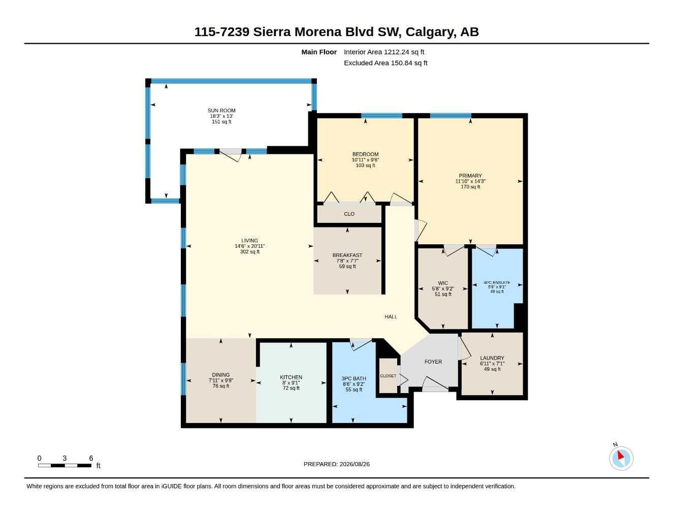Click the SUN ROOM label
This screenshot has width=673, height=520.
(221, 111)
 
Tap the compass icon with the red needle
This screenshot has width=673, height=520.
(621, 458)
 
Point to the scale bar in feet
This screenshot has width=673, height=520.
(65, 466)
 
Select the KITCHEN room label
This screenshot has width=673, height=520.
(291, 377)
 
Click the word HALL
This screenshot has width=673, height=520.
(391, 317)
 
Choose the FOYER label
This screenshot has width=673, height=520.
(433, 362)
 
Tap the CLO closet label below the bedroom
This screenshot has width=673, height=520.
(349, 214)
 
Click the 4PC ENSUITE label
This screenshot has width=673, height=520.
(497, 282)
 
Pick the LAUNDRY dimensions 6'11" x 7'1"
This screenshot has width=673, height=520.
(492, 364)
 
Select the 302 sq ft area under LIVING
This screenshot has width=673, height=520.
(249, 252)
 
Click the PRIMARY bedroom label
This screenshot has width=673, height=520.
(470, 176)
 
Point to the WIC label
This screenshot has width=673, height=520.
(443, 283)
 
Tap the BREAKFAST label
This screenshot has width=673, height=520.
(347, 255)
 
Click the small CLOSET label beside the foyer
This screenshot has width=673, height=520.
(388, 376)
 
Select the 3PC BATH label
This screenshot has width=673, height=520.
(354, 378)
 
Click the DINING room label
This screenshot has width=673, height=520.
(221, 375)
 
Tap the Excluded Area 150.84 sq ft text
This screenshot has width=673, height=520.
(386, 63)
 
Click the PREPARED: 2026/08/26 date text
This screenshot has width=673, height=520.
(337, 464)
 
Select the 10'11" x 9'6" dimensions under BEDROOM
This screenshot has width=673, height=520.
(366, 160)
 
